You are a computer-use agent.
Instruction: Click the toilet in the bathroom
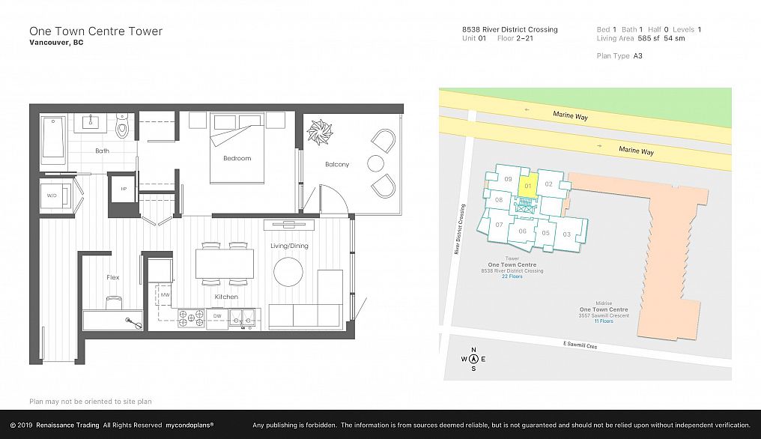click(x=122, y=125)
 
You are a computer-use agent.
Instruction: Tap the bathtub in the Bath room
click(x=53, y=138)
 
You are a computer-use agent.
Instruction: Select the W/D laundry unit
click(x=53, y=196)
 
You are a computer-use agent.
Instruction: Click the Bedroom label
click(x=237, y=158)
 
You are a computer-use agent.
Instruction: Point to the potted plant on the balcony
click(x=319, y=132)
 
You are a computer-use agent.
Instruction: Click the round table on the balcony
click(x=376, y=163)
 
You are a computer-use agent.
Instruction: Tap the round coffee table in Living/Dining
click(x=288, y=272)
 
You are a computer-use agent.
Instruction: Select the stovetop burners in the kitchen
click(x=191, y=318)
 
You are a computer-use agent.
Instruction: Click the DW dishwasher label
click(x=217, y=315)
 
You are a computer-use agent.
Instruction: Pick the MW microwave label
click(x=165, y=294)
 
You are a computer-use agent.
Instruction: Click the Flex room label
click(x=113, y=277)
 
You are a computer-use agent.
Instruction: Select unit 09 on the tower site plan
click(x=508, y=179)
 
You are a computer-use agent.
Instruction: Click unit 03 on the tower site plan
click(x=566, y=234)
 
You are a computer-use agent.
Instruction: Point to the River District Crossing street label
click(x=459, y=229)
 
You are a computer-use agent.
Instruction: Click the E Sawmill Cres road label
click(x=580, y=345)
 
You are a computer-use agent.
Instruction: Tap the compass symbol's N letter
click(x=473, y=350)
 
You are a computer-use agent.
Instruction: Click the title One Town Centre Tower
click(x=96, y=31)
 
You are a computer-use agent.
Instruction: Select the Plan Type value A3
click(x=637, y=56)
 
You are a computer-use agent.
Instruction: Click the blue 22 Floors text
click(x=512, y=276)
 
